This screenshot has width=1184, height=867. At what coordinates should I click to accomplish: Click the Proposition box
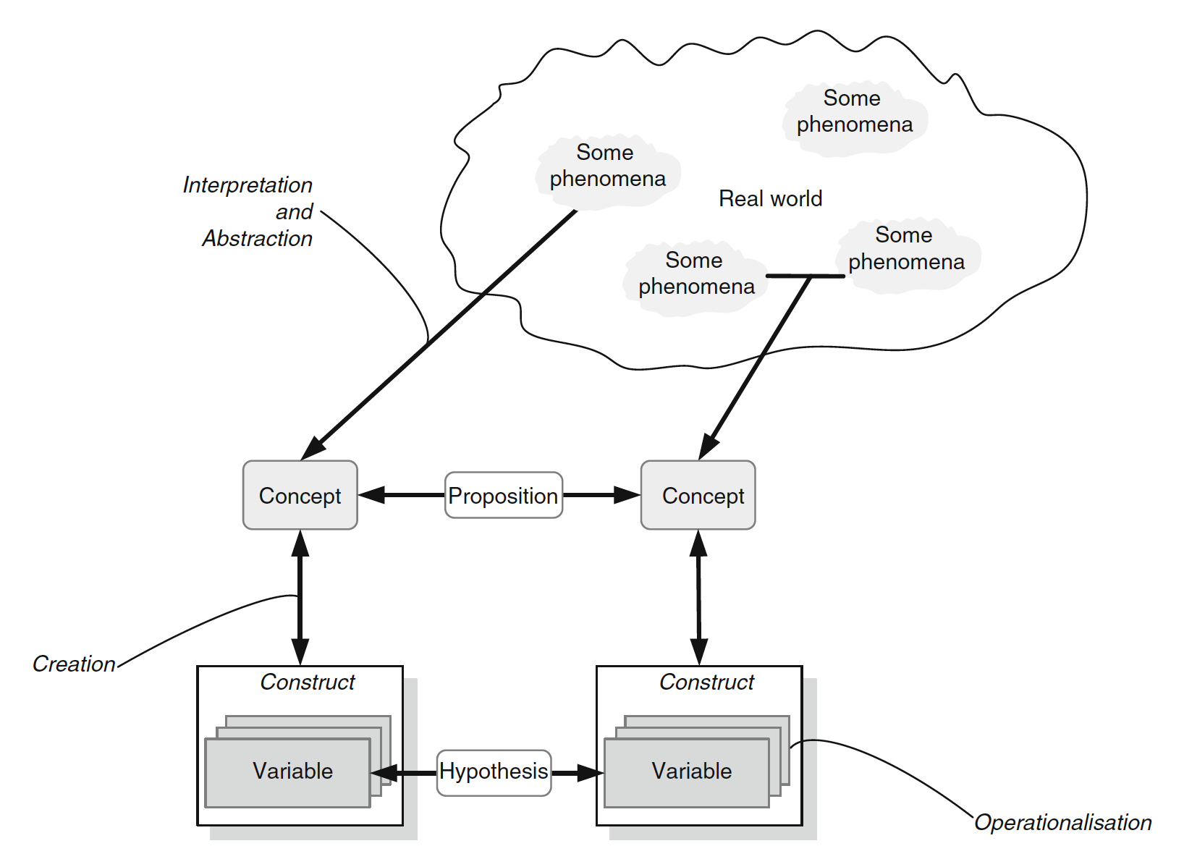click(503, 495)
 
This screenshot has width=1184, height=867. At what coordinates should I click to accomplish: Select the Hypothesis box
click(494, 772)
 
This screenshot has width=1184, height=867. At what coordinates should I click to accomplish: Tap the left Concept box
click(300, 495)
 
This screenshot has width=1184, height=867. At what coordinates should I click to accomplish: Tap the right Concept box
click(698, 495)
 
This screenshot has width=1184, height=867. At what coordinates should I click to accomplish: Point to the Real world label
click(770, 198)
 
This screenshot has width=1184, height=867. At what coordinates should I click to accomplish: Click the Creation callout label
click(74, 664)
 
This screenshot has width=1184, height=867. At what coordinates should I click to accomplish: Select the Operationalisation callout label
click(1062, 822)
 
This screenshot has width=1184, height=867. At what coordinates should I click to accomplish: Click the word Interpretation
click(248, 185)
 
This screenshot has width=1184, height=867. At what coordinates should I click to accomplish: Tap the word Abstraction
click(258, 238)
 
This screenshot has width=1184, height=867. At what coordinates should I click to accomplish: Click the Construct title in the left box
click(308, 682)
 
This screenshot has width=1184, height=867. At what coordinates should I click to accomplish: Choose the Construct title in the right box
click(706, 682)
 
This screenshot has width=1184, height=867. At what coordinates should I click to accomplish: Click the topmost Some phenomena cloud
click(854, 112)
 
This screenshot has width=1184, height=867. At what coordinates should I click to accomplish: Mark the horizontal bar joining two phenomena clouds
click(805, 276)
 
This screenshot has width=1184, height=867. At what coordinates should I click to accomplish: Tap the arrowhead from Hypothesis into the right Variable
click(590, 772)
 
